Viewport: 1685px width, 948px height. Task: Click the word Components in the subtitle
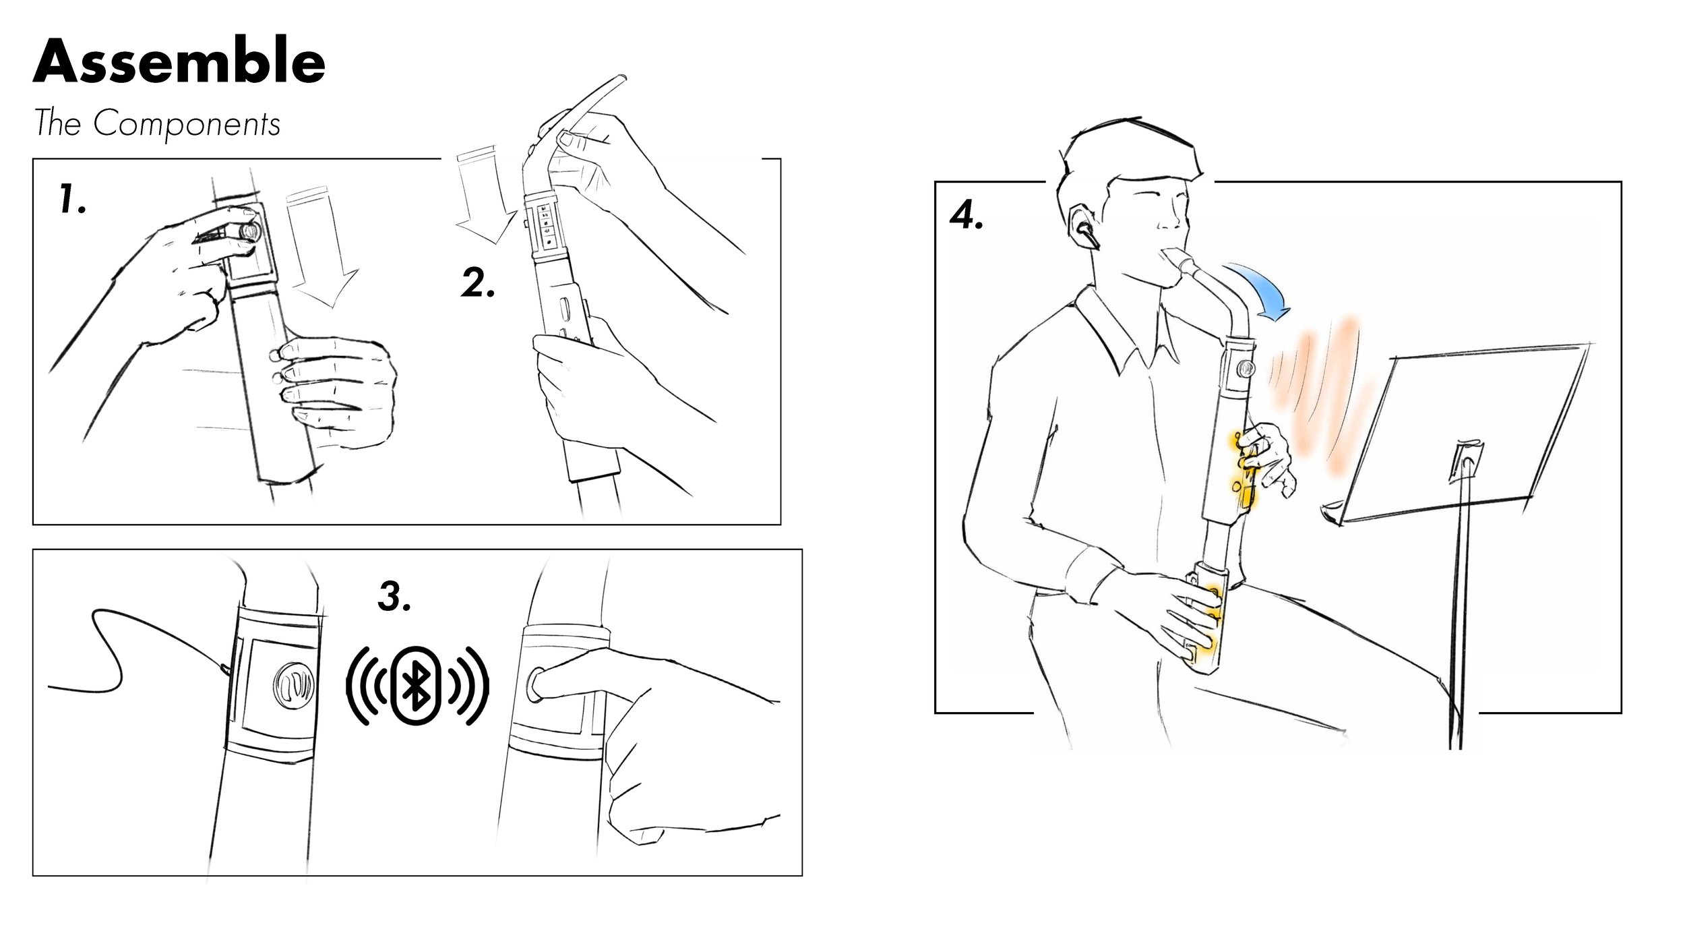pos(187,123)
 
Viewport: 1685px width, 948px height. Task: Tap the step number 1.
pos(71,199)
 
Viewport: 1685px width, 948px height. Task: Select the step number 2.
pos(478,283)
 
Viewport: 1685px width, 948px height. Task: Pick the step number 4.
pos(966,215)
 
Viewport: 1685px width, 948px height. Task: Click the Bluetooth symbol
pos(417,686)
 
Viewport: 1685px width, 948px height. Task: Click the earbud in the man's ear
pos(1086,234)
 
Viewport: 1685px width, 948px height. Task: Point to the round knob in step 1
pos(249,230)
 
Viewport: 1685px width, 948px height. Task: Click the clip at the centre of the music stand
pos(1465,461)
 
